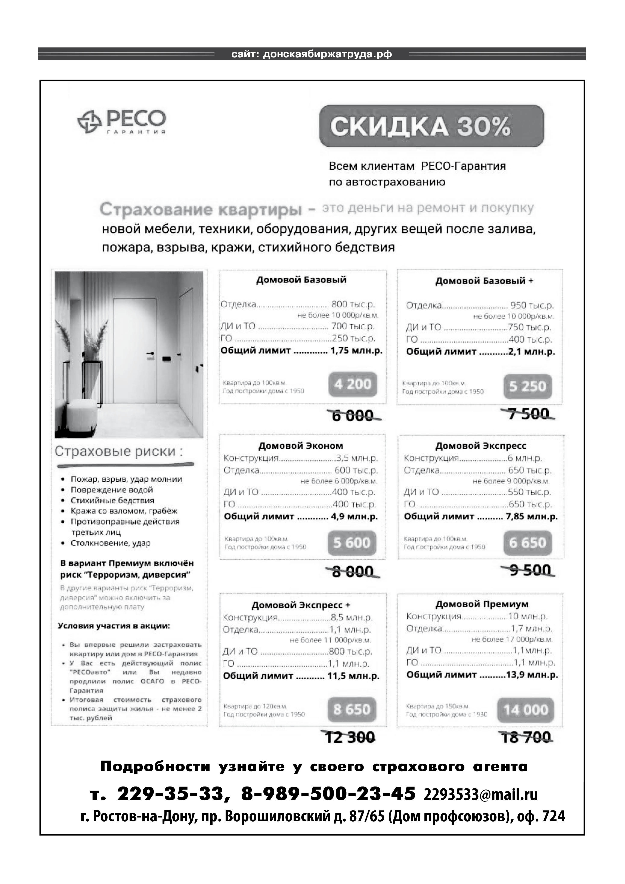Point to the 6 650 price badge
pos(527,543)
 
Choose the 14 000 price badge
pos(525,710)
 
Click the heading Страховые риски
pos(119,451)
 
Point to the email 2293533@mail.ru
pos(481,794)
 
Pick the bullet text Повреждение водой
pos(112,490)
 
